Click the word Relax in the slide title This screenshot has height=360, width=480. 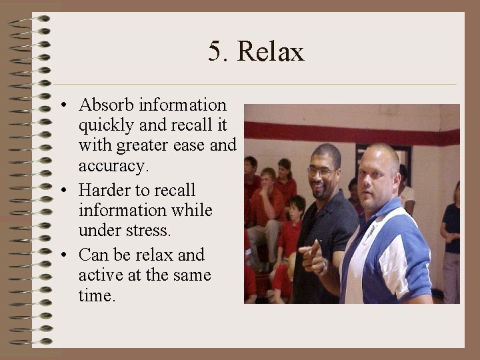pyautogui.click(x=270, y=51)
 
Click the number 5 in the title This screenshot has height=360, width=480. pyautogui.click(x=214, y=51)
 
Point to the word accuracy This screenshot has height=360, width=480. pyautogui.click(x=110, y=165)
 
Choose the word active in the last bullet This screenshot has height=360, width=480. pyautogui.click(x=99, y=275)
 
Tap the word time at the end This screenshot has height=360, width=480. pyautogui.click(x=96, y=295)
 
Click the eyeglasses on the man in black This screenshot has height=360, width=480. pyautogui.click(x=321, y=171)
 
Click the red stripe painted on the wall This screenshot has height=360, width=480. pyautogui.click(x=300, y=131)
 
